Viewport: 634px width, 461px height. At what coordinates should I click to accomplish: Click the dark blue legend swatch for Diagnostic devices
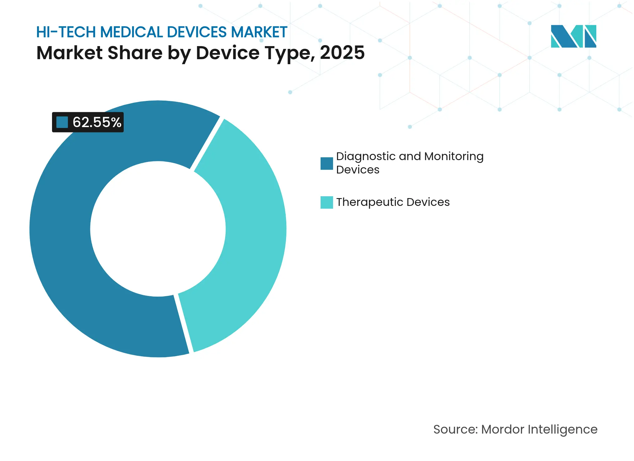coord(327,164)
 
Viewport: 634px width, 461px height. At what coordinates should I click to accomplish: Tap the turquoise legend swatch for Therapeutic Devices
coord(327,202)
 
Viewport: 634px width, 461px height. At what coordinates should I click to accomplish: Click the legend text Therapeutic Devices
coord(393,202)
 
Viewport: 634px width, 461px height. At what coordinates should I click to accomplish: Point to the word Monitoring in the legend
coord(454,156)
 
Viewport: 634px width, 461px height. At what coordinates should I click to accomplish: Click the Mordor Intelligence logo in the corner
coord(573,36)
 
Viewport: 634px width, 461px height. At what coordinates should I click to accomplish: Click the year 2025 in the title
coord(342,53)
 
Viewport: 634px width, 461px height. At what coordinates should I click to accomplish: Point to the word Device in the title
coord(227,53)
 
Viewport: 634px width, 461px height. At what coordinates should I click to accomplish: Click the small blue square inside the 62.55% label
coord(62,122)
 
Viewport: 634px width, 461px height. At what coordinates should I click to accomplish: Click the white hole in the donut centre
coord(158,229)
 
